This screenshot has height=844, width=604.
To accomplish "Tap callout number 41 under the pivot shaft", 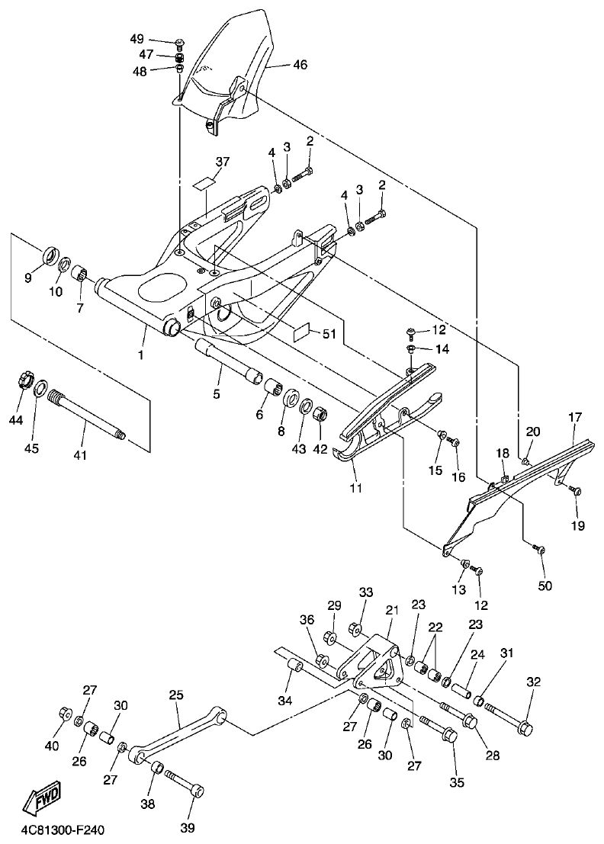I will [80, 455].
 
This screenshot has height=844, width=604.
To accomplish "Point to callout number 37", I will [222, 162].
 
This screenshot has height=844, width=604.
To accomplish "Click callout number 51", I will [329, 333].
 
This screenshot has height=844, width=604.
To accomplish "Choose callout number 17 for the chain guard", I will [574, 418].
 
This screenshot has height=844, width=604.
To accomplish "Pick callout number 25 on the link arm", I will [176, 695].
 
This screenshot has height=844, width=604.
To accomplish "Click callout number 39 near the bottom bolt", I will [188, 827].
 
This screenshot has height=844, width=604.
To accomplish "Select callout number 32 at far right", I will [532, 682].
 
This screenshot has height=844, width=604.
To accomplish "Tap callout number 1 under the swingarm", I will [141, 355].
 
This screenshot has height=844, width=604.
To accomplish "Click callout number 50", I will [545, 586].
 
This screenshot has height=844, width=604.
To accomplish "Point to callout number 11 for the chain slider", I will [355, 486].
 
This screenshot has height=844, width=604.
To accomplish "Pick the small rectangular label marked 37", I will [204, 183].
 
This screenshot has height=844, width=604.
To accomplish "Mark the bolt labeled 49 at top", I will [180, 41].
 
